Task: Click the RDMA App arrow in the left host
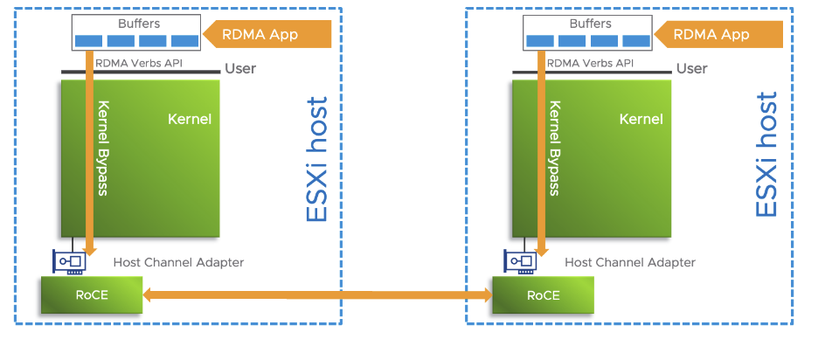[x=267, y=35]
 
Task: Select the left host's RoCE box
[x=92, y=295]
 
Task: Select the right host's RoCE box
[x=543, y=295]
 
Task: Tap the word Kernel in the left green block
[x=190, y=119]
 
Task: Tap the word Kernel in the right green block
[x=641, y=119]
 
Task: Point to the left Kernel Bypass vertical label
[x=103, y=147]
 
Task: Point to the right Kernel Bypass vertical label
[x=555, y=147]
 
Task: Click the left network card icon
[x=70, y=261]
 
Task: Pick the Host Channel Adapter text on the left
[x=178, y=262]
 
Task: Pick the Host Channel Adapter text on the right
[x=630, y=262]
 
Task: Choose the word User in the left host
[x=240, y=68]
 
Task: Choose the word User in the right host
[x=692, y=68]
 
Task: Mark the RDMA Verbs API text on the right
[x=589, y=63]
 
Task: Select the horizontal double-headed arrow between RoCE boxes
[x=317, y=296]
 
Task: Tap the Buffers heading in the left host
[x=136, y=24]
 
